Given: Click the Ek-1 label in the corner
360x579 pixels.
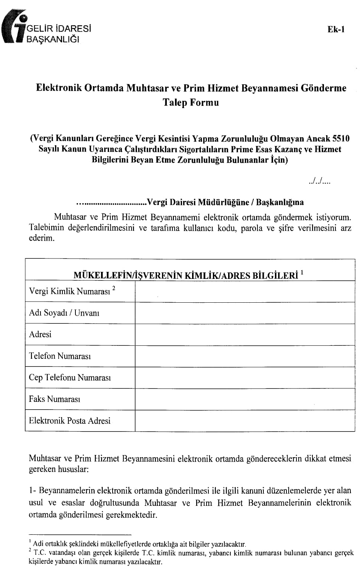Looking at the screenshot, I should pyautogui.click(x=336, y=29).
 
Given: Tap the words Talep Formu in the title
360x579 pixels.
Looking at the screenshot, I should pyautogui.click(x=191, y=103).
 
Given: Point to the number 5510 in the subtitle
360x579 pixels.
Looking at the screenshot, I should pyautogui.click(x=340, y=139).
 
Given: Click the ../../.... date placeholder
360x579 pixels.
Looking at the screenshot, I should pyautogui.click(x=319, y=182).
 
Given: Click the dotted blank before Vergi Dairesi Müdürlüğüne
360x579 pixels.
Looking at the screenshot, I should pyautogui.click(x=111, y=203).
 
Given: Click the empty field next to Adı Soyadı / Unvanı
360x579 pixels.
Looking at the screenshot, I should pyautogui.click(x=244, y=313).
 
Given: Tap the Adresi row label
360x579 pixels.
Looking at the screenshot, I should pyautogui.click(x=40, y=334).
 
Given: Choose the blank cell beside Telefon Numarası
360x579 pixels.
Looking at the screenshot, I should pyautogui.click(x=244, y=356).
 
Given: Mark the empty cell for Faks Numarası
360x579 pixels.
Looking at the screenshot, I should pyautogui.click(x=244, y=399).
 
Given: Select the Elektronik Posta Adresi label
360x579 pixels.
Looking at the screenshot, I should pyautogui.click(x=70, y=421).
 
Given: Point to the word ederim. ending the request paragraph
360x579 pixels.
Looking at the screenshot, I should pyautogui.click(x=42, y=238).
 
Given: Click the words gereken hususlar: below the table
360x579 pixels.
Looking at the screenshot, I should pyautogui.click(x=59, y=469).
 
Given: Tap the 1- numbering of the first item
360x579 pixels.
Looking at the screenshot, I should pyautogui.click(x=33, y=491).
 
